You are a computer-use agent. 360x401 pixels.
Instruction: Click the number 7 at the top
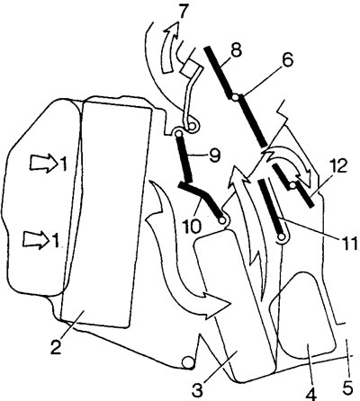point(184,12)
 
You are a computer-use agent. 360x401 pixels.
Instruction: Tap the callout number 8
point(236,52)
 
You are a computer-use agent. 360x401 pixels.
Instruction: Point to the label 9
point(214,156)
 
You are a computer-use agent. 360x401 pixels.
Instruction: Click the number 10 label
point(191,226)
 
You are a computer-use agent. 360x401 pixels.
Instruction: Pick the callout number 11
point(349,242)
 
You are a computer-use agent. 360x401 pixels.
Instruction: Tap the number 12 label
point(337,166)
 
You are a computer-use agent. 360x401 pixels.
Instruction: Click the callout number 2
point(58,345)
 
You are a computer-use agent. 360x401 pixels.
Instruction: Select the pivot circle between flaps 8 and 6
point(236,97)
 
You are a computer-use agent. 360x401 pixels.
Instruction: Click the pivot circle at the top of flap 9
point(179,133)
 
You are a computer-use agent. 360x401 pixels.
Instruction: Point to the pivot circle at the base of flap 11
point(282,236)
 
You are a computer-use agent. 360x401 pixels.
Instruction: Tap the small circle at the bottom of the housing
point(189,363)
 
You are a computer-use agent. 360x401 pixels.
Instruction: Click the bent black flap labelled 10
point(202,199)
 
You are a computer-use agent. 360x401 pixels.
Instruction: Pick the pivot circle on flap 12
point(292,186)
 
